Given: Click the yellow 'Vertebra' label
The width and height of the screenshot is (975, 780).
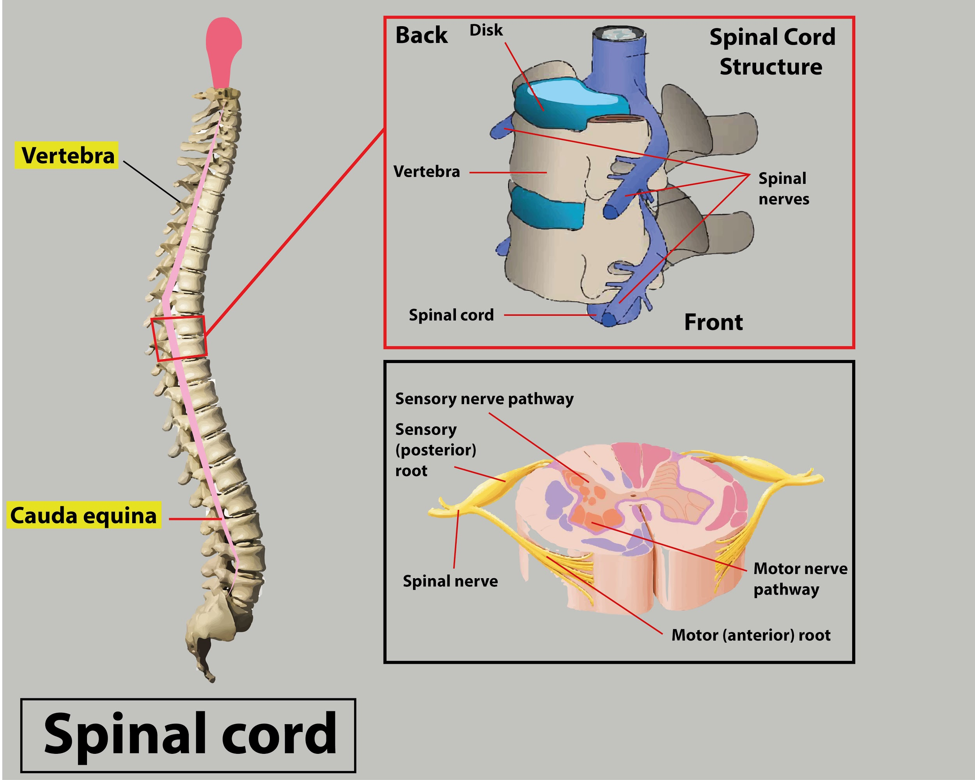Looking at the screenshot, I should (67, 155).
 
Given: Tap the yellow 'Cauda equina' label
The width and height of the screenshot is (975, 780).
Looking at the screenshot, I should (84, 515).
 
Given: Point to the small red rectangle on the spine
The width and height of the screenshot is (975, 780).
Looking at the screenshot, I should (179, 338).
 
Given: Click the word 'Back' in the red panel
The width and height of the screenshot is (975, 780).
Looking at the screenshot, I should (421, 35).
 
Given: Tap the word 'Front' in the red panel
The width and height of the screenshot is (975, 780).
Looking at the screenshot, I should (713, 322).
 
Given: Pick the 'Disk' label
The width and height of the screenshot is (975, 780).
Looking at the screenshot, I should (486, 30).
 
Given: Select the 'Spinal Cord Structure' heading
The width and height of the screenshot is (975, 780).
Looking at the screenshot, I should (772, 52).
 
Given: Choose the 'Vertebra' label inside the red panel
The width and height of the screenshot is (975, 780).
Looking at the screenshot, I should (426, 171).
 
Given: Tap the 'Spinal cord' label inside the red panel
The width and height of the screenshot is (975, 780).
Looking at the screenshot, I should (451, 315).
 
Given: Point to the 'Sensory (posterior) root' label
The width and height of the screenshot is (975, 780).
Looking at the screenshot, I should (435, 449).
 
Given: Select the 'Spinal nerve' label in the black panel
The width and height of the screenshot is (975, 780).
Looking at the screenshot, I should (450, 581).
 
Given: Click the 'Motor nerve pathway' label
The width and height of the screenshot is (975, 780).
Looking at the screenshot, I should (800, 579).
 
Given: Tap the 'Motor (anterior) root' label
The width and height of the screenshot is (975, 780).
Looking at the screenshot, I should (751, 635).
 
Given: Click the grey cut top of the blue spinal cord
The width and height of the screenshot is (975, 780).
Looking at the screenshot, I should (619, 32).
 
